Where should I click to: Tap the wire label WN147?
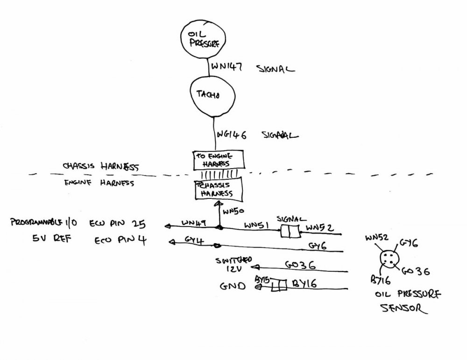(x=227, y=68)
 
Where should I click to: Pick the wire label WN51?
(x=255, y=225)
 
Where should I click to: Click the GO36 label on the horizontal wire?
(x=299, y=264)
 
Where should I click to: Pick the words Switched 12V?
(x=233, y=264)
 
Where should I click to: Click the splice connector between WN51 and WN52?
(x=290, y=231)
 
